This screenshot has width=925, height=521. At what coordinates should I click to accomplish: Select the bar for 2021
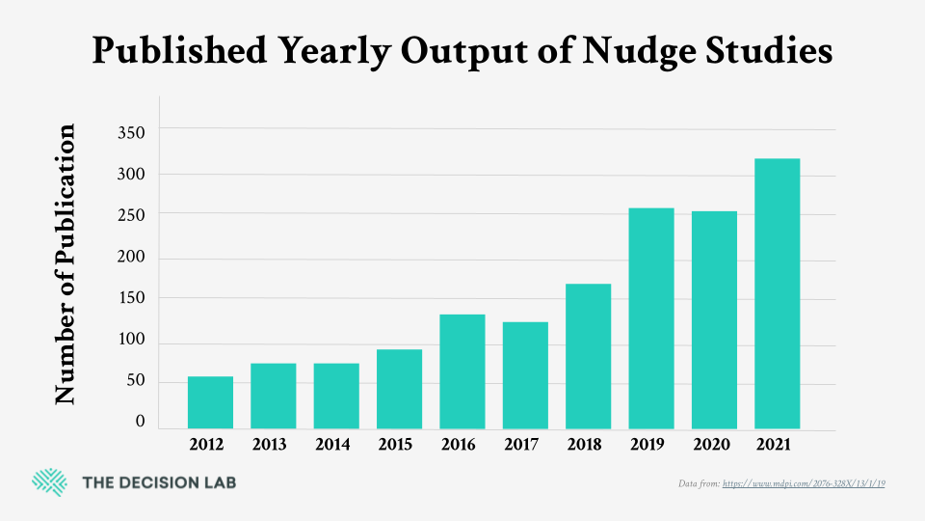(x=777, y=293)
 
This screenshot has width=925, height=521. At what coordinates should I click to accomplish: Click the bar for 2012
(x=210, y=402)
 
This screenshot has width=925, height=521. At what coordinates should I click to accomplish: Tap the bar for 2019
(x=650, y=318)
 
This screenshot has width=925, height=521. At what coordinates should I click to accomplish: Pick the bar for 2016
(x=462, y=371)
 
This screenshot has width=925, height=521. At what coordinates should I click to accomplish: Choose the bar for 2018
(x=588, y=356)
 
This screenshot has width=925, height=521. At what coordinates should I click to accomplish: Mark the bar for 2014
(x=336, y=396)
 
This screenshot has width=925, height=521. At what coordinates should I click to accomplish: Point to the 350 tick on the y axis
(x=132, y=132)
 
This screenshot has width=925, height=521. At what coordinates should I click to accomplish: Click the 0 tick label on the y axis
(x=140, y=422)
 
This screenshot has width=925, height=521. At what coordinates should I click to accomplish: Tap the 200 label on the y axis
(x=132, y=258)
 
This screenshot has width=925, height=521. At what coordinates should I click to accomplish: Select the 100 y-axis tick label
(x=132, y=340)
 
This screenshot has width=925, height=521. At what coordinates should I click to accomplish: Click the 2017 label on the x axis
(x=525, y=445)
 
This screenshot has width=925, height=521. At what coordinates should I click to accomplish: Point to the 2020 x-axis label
(x=714, y=445)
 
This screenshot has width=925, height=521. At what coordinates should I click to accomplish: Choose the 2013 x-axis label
(x=273, y=445)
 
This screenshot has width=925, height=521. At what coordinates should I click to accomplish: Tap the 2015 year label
(x=399, y=445)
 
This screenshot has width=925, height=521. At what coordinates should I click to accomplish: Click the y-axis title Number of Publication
(x=66, y=264)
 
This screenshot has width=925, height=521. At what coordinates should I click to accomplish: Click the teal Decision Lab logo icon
(x=49, y=481)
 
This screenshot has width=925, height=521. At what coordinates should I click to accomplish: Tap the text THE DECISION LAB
(x=159, y=482)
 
